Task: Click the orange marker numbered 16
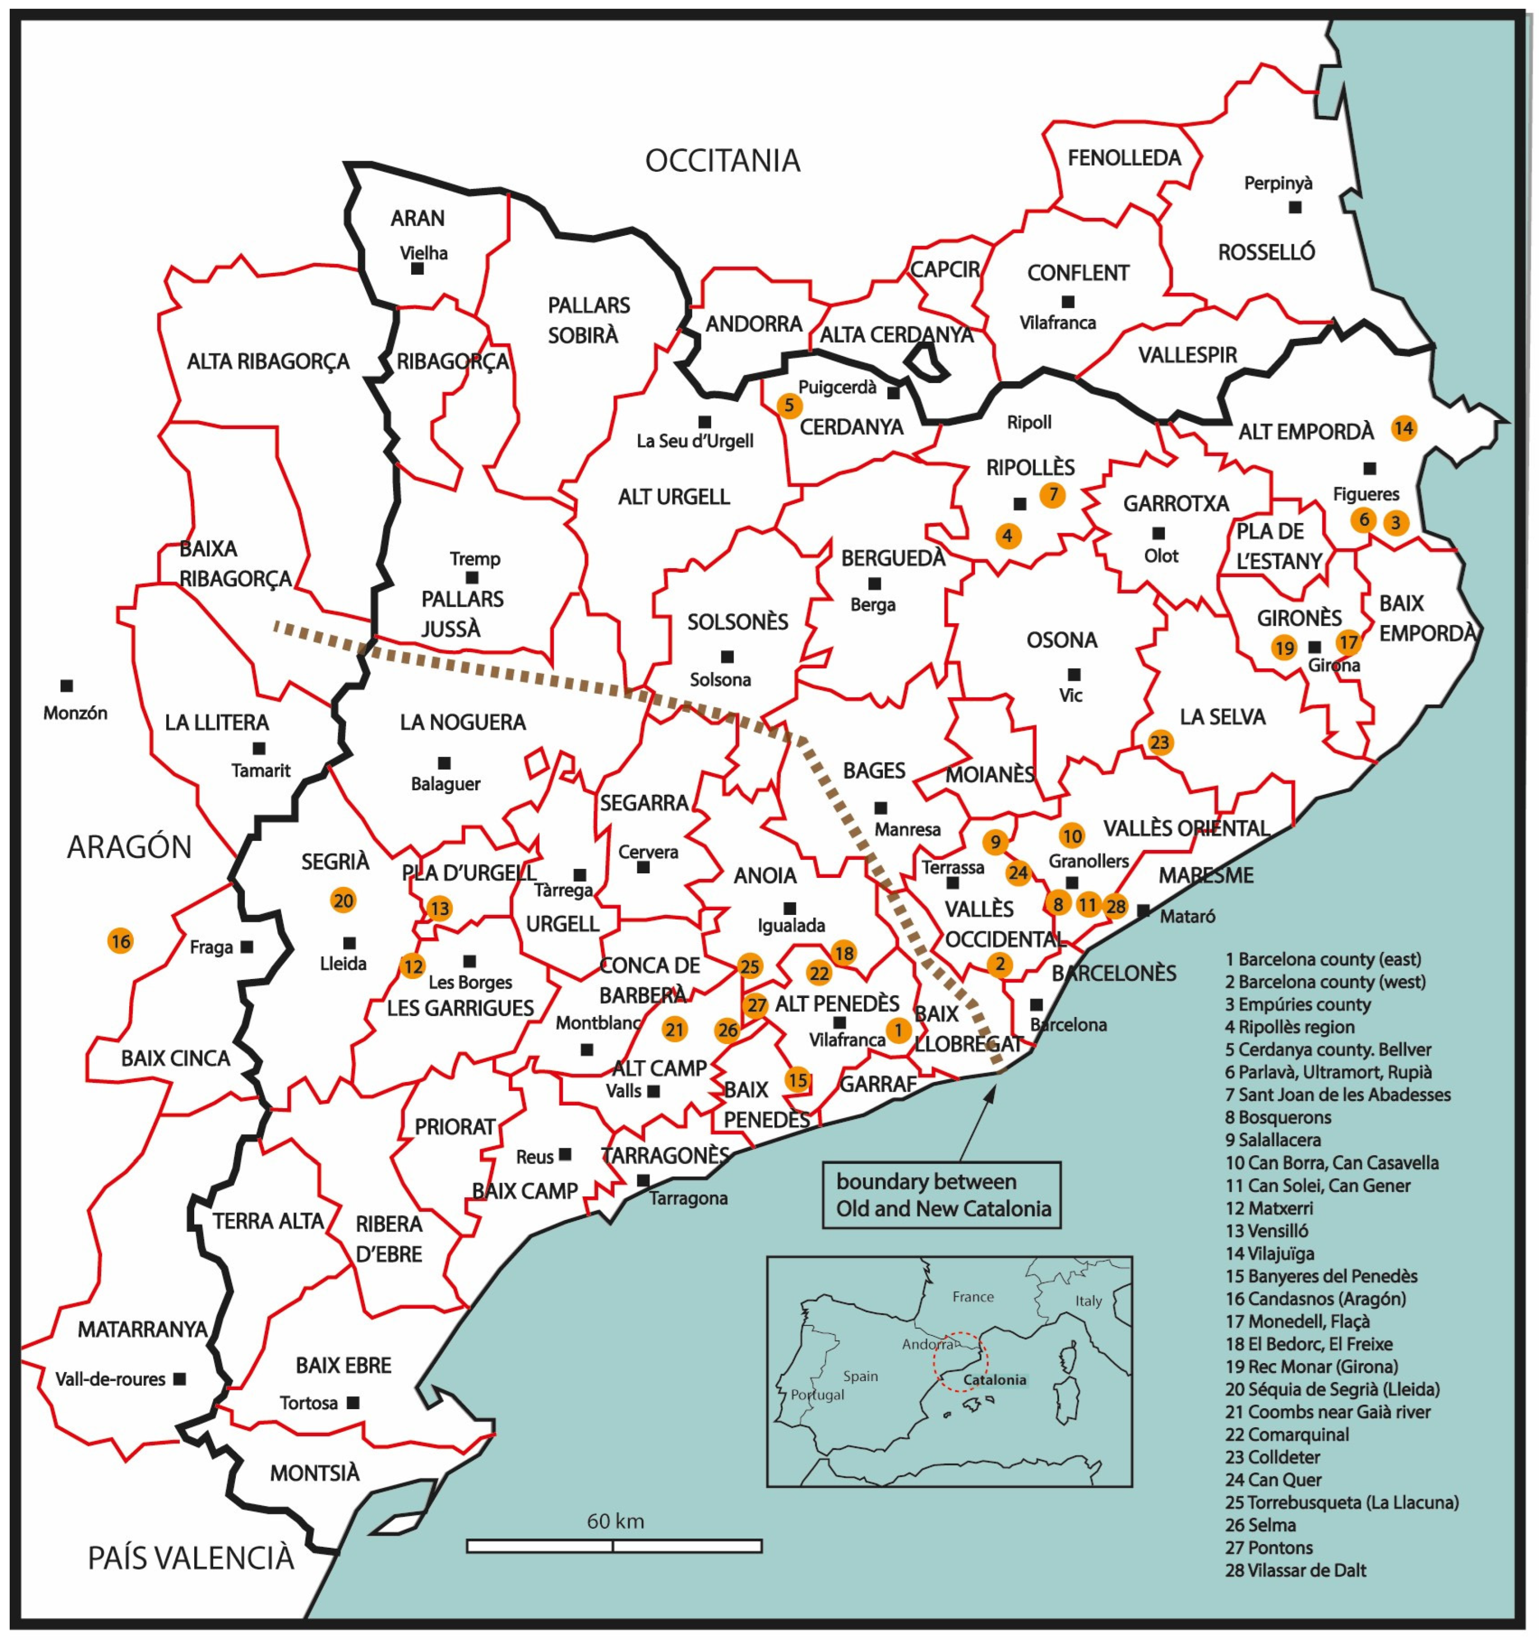[x=120, y=941]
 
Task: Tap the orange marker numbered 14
[x=1403, y=428]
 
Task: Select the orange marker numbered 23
[x=1160, y=743]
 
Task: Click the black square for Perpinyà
[x=1295, y=207]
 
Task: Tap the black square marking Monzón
[x=67, y=686]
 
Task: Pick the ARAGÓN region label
[x=130, y=846]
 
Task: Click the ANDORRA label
[x=754, y=324]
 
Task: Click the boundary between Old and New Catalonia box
[x=942, y=1195]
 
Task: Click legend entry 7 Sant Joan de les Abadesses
[x=1337, y=1095]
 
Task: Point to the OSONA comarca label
[x=1062, y=640]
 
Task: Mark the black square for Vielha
[x=417, y=268]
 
